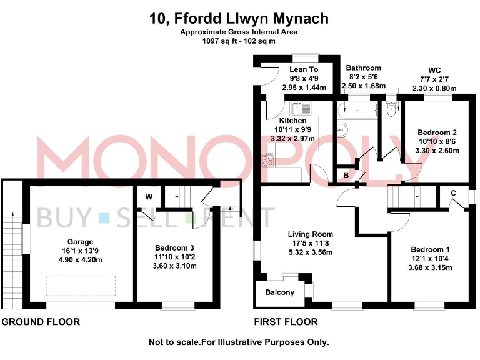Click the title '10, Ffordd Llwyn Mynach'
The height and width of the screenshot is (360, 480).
pyautogui.click(x=239, y=18)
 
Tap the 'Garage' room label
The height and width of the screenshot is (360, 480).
pyautogui.click(x=80, y=242)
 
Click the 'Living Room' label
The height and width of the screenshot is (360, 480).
pyautogui.click(x=311, y=234)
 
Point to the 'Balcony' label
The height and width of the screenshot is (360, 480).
pyautogui.click(x=279, y=292)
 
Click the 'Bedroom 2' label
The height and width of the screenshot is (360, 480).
pyautogui.click(x=437, y=132)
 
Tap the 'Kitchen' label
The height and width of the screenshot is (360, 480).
pyautogui.click(x=292, y=121)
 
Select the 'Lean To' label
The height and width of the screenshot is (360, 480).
pyautogui.click(x=304, y=69)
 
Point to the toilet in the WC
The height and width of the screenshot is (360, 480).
pyautogui.click(x=392, y=111)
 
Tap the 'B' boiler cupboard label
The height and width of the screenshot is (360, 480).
pyautogui.click(x=346, y=176)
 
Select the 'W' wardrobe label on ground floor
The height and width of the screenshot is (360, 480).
pyautogui.click(x=149, y=197)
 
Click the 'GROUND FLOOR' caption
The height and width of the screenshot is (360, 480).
pyautogui.click(x=41, y=322)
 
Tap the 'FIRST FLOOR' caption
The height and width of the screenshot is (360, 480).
pyautogui.click(x=285, y=322)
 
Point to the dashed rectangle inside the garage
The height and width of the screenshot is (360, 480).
pyautogui.click(x=80, y=286)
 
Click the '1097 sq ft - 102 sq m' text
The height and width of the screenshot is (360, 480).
pyautogui.click(x=239, y=41)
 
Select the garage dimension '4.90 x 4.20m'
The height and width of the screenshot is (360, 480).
pyautogui.click(x=80, y=260)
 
